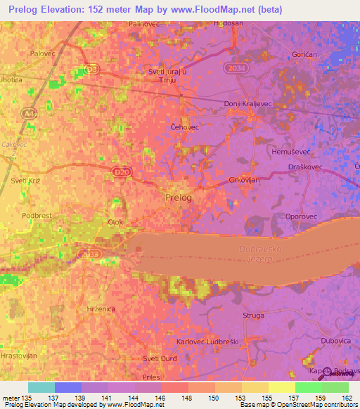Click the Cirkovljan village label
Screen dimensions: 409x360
[245, 180]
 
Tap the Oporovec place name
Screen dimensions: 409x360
[301, 216]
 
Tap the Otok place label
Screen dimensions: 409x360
[115, 223]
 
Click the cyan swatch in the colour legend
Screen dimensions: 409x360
[41, 387]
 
